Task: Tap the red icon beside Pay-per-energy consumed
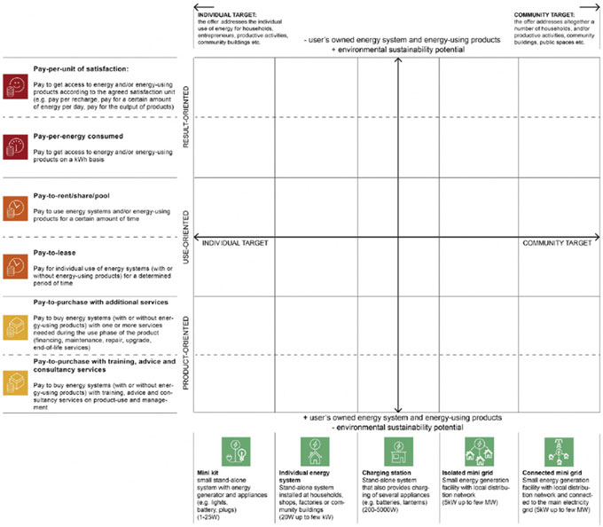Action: point(15,146)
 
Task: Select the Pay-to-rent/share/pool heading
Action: point(72,195)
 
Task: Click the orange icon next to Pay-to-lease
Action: point(15,264)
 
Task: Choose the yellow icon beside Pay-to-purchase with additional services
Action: point(15,325)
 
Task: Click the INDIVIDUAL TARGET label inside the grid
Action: point(235,242)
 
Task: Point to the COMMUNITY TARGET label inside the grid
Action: point(556,242)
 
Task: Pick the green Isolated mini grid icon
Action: point(472,450)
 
